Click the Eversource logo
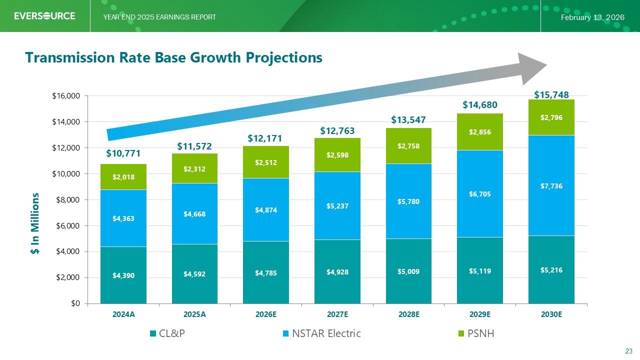click(44, 16)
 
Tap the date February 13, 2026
click(592, 17)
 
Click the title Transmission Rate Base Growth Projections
click(173, 58)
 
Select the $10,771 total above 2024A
click(123, 154)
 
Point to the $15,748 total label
click(551, 94)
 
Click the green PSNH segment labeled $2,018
click(123, 177)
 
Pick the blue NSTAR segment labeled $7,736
click(551, 185)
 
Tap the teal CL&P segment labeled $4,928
click(337, 271)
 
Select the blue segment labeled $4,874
click(266, 210)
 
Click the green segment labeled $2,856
click(480, 132)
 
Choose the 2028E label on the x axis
click(409, 314)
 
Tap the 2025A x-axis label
click(194, 314)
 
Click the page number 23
click(629, 350)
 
